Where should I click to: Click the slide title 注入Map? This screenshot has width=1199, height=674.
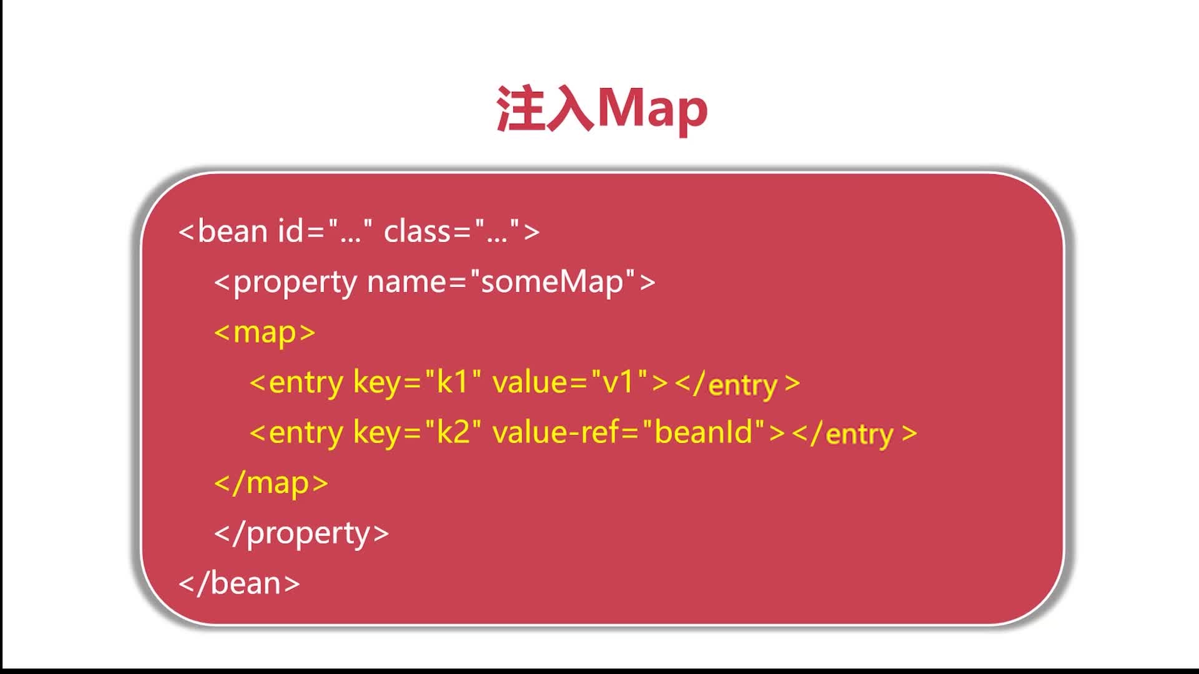coord(602,109)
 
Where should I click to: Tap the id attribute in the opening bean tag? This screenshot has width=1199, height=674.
coord(291,231)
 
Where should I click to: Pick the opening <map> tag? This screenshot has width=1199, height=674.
coord(265,333)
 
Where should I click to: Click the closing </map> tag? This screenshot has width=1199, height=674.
coord(271,483)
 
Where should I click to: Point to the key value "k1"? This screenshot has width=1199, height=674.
coord(453,381)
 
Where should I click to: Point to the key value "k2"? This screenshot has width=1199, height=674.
coord(453,432)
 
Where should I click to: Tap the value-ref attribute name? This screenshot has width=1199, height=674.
coord(556,432)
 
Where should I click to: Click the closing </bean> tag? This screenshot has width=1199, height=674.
coord(239,583)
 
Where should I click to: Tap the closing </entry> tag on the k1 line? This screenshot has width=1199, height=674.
coord(738,383)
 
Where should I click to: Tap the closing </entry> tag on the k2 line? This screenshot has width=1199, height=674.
coord(854,433)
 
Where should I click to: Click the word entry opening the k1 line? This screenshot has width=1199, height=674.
coord(306,382)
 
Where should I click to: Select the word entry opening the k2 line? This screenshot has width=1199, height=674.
coord(306,432)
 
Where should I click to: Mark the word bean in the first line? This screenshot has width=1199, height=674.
coord(232,231)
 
